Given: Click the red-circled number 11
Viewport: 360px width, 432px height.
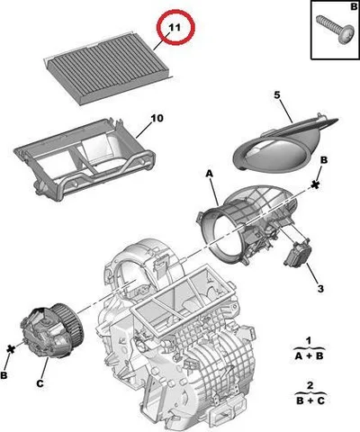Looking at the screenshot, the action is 175,27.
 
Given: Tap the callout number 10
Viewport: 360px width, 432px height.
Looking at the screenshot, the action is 157,118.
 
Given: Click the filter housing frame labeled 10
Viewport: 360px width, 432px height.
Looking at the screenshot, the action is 85,160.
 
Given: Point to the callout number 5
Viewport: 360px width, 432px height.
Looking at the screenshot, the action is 277,95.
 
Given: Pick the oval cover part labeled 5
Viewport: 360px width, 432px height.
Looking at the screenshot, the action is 285,143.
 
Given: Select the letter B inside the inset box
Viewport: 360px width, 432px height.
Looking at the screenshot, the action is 354,6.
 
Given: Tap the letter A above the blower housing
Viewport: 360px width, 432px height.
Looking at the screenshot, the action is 209,174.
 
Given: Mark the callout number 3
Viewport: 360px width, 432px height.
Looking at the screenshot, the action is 320,289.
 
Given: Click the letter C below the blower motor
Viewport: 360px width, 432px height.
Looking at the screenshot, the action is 40,383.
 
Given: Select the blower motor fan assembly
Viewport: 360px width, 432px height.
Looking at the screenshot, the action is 51,330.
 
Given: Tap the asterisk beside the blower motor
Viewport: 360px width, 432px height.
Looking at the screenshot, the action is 11,348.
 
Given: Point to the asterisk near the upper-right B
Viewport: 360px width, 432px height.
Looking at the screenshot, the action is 315,184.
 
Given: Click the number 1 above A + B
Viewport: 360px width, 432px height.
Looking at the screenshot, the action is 309,341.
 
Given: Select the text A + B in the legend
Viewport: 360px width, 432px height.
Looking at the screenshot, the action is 309,355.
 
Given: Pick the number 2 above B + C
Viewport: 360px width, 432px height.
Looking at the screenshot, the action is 310,385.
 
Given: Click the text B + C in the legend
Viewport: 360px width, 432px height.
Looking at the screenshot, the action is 310,400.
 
